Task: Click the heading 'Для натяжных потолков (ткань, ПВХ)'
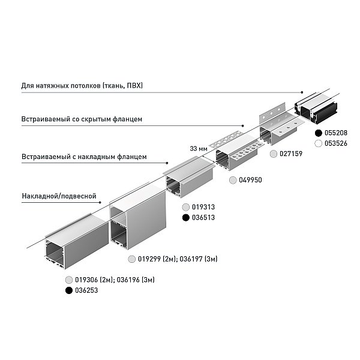82,86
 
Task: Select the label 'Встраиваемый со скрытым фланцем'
82,119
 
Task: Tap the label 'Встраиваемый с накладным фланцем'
84,157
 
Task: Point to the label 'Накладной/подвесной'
59,196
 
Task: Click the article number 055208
336,133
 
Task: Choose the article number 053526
336,143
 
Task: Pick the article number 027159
291,154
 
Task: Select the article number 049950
250,180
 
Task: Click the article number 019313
203,207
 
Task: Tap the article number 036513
203,217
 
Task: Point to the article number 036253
86,290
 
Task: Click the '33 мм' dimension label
199,149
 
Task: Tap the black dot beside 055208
319,133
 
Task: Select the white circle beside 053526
319,143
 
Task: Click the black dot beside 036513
186,217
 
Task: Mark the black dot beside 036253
69,290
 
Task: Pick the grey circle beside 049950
233,180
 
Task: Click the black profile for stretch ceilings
317,107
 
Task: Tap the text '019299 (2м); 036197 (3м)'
178,259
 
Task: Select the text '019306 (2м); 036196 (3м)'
115,280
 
